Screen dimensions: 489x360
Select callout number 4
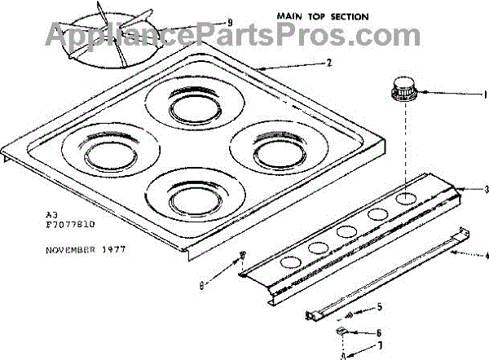click(486, 257)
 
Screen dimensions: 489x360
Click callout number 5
click(378, 307)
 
